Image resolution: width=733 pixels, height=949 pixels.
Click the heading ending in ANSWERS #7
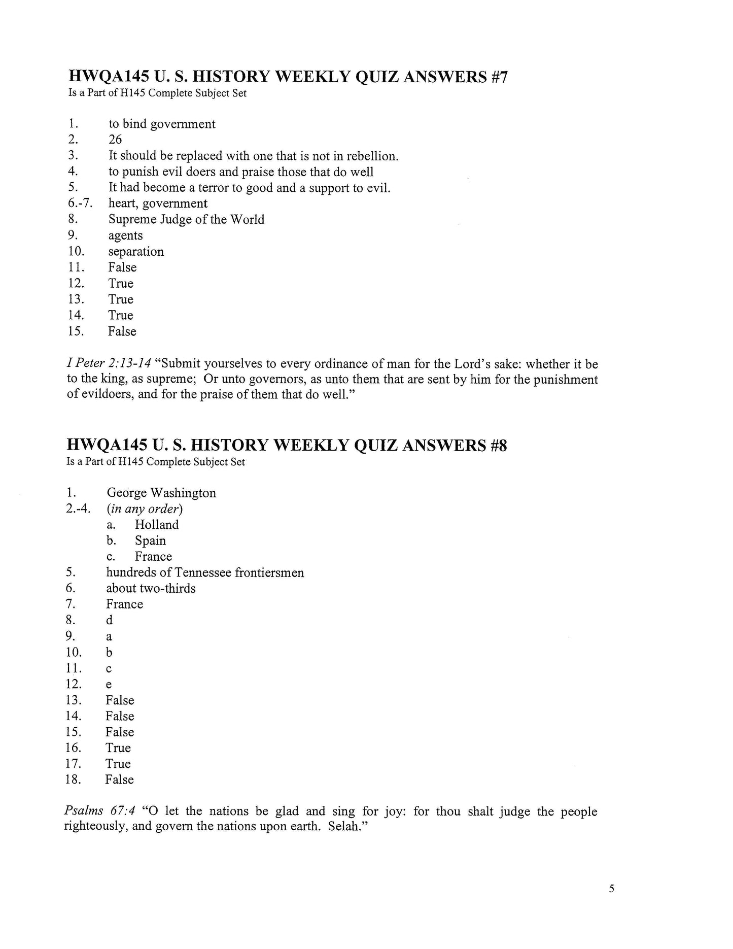coord(287,77)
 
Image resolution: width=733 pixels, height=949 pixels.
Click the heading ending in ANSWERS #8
coord(287,445)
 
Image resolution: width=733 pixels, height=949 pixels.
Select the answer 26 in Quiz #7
coord(115,140)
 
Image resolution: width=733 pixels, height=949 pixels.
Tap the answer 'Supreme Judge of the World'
coord(186,219)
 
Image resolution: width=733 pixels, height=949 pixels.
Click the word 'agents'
coord(125,235)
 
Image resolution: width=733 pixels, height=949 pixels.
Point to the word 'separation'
coord(136,252)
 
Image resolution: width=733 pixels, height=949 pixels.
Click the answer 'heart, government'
coord(158,204)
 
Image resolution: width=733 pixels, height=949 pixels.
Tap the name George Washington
coord(161,493)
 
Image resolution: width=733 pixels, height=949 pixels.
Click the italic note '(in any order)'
coord(145,509)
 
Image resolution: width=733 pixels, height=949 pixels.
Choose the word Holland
coord(157,524)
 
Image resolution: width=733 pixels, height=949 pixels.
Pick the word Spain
coord(150,540)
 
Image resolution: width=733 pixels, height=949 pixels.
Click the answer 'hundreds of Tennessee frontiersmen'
coord(205,572)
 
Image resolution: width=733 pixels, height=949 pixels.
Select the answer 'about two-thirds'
coord(151,588)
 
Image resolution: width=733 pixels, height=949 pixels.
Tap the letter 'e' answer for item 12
coord(109,685)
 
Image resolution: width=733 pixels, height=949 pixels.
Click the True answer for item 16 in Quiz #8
coord(118,748)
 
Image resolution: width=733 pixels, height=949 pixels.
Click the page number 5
coord(611,888)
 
